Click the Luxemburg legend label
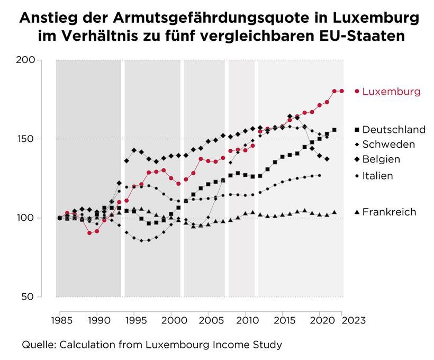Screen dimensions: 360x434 (391, 92)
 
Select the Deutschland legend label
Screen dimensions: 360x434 (393, 130)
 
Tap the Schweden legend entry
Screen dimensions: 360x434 (388, 145)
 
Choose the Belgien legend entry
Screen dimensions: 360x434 (381, 159)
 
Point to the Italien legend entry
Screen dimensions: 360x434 (377, 176)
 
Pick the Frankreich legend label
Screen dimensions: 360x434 (389, 212)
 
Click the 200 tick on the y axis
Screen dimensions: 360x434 (43, 60)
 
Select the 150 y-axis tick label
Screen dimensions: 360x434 (43, 139)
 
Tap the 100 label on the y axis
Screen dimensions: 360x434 (43, 218)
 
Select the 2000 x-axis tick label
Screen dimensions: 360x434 (171, 320)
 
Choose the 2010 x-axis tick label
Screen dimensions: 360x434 (246, 320)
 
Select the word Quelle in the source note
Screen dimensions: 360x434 (39, 345)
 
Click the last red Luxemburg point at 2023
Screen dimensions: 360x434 (341, 91)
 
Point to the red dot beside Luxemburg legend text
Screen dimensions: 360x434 (357, 92)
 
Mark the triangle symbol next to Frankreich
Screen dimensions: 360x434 (357, 212)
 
